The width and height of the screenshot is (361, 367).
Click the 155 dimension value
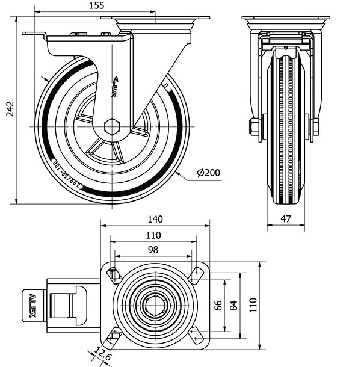click(x=96, y=5)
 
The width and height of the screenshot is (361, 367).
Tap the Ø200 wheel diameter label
click(x=208, y=173)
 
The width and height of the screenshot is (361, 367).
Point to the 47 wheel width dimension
click(x=286, y=219)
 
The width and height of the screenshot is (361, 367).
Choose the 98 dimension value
click(x=153, y=250)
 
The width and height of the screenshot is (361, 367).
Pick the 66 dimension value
click(x=218, y=305)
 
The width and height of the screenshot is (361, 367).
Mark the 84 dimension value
click(x=234, y=305)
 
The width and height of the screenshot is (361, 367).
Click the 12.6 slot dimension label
click(x=103, y=356)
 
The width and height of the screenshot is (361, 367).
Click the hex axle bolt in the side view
click(x=112, y=126)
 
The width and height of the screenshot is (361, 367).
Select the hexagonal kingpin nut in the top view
click(x=156, y=305)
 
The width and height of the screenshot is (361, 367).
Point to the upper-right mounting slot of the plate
click(x=196, y=274)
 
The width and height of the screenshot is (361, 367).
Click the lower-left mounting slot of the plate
click(x=114, y=334)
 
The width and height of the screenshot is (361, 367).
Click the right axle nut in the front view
click(x=314, y=126)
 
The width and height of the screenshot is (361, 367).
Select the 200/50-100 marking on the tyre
click(x=66, y=174)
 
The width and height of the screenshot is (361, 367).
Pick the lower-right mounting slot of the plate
click(x=196, y=335)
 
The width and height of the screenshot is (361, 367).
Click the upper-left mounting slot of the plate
click(x=114, y=275)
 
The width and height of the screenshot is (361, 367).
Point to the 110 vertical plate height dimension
click(x=253, y=305)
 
